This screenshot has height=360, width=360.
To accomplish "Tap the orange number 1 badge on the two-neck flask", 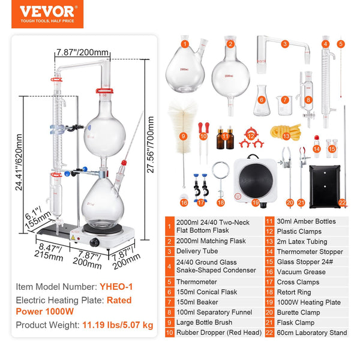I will tap(185, 43).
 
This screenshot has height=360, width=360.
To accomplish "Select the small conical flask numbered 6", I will tap(261, 103).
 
